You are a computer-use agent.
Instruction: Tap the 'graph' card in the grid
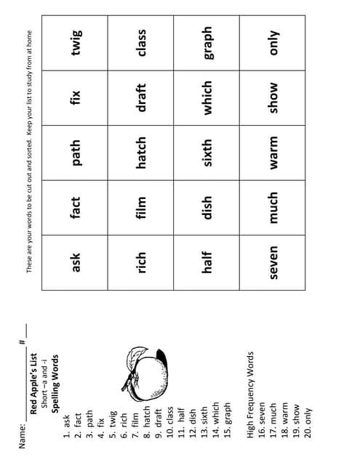(209, 43)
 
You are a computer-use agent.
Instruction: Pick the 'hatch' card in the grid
(143, 153)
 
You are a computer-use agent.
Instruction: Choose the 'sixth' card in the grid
(209, 153)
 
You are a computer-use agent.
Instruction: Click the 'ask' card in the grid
(78, 262)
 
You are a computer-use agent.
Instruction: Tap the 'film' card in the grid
(143, 207)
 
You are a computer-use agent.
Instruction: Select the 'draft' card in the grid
(143, 97)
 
